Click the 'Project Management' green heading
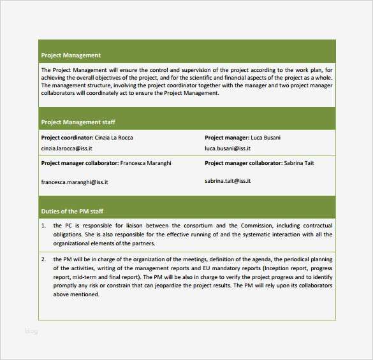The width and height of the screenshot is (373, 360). (71, 55)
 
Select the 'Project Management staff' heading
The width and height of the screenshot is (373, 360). (78, 122)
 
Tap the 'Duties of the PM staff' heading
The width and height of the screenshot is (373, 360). (72, 211)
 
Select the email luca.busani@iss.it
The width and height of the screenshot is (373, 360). (228, 148)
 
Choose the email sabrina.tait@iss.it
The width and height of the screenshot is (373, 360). (228, 181)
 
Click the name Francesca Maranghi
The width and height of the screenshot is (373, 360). (145, 163)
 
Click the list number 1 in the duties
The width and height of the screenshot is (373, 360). (43, 226)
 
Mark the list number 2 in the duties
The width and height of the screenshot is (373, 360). (43, 260)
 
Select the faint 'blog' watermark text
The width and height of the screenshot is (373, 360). (31, 331)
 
